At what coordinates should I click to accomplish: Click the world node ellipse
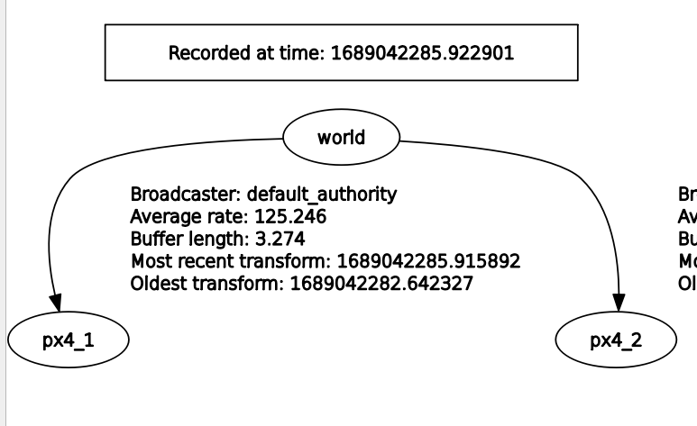click(341, 138)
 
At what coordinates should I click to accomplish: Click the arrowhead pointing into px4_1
click(55, 305)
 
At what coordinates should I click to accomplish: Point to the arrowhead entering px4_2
click(620, 305)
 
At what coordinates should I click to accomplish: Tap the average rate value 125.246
click(291, 216)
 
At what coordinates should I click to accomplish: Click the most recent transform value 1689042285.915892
click(428, 261)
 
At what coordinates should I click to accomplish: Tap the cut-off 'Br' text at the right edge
click(687, 194)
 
